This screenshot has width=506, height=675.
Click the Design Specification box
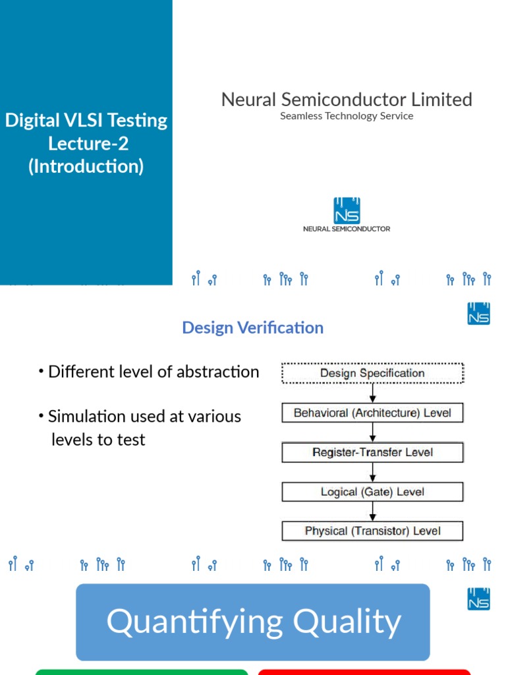tap(372, 373)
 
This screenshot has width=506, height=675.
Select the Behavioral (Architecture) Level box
tap(372, 413)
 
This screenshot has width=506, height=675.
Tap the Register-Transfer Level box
tap(372, 452)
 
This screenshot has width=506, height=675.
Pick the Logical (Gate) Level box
tap(372, 492)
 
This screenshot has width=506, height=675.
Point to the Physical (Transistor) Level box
tap(372, 531)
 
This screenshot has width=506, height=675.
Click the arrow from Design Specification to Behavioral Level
tap(373, 393)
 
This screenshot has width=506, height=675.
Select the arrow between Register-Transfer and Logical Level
tap(373, 472)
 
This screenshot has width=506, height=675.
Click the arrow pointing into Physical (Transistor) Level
tap(373, 512)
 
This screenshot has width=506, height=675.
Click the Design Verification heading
tap(253, 328)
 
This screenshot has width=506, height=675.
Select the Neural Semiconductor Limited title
tap(347, 100)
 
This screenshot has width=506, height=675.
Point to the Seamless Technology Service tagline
tap(347, 116)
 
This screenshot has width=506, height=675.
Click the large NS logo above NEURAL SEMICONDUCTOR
tap(347, 210)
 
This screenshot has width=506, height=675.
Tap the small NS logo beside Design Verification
tap(479, 314)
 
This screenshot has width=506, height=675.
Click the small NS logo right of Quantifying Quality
tap(479, 599)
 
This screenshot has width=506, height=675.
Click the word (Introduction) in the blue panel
tap(86, 166)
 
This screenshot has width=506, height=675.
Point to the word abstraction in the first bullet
tap(223, 372)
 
